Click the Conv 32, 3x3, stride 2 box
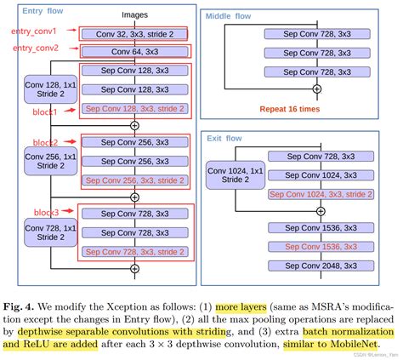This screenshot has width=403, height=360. pyautogui.click(x=133, y=33)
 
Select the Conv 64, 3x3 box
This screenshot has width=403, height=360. pyautogui.click(x=133, y=52)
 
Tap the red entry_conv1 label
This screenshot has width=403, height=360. pyautogui.click(x=34, y=31)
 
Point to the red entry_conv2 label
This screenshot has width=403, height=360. pyautogui.click(x=34, y=49)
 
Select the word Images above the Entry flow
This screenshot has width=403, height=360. pyautogui.click(x=133, y=15)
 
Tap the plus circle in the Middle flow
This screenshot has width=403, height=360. pyautogui.click(x=317, y=88)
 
